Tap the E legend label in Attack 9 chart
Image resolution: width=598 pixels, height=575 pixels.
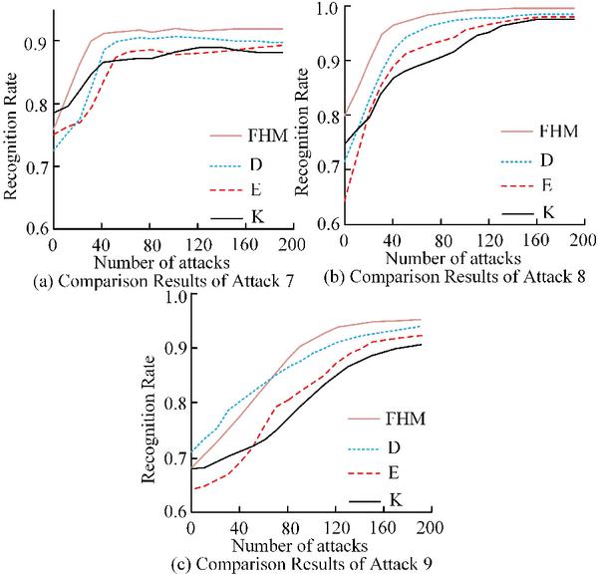[394, 472]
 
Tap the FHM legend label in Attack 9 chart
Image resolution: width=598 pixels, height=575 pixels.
[394, 416]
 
